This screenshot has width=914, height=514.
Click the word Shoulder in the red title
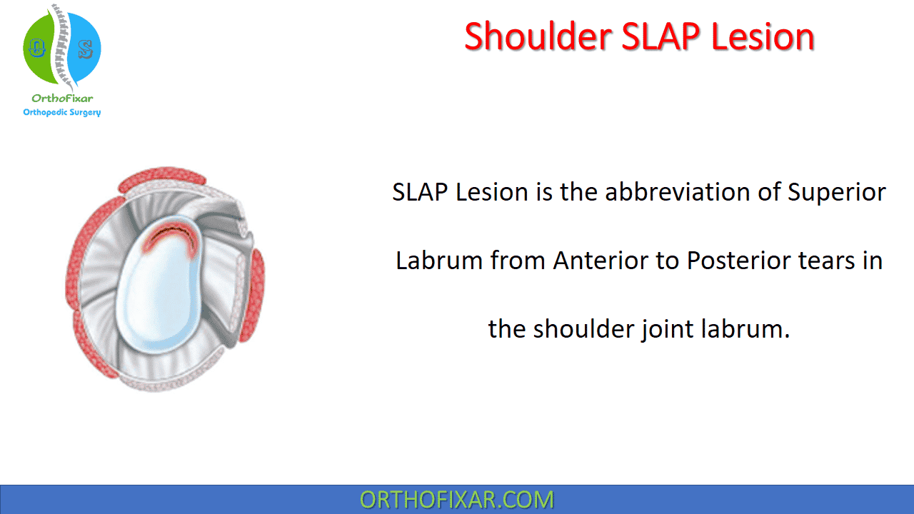[538, 36]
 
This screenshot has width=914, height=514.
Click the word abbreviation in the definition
[678, 192]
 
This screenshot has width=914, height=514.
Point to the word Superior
[836, 193]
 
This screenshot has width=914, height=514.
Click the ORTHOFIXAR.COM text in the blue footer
[456, 500]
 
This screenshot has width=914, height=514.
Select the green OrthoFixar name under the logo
[62, 99]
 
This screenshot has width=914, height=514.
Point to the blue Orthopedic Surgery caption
[62, 112]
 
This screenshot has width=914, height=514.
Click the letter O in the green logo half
[36, 48]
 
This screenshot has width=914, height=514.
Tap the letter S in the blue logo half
[85, 49]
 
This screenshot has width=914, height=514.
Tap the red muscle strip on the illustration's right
[253, 295]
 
